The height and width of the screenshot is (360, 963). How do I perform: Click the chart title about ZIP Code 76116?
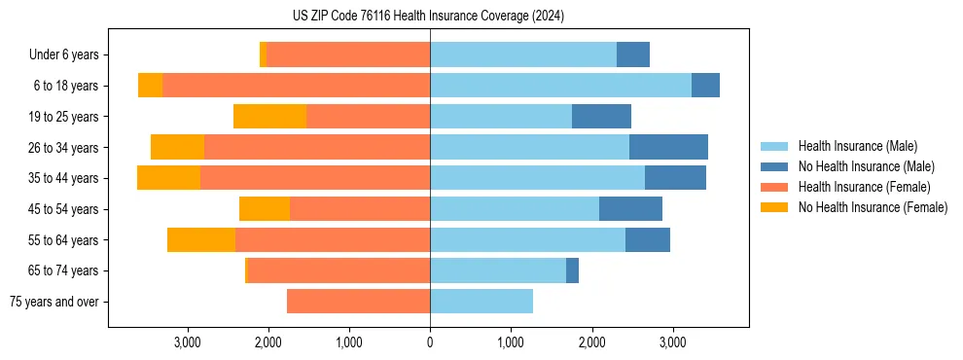click(x=428, y=17)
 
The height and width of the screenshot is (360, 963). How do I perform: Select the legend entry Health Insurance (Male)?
click(x=856, y=146)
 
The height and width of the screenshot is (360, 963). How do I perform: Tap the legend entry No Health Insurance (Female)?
click(x=873, y=207)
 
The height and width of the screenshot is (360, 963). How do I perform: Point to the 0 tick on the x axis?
click(x=430, y=342)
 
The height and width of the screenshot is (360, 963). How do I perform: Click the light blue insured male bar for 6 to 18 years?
click(x=560, y=86)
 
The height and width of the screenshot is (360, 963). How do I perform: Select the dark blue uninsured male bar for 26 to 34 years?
click(x=668, y=148)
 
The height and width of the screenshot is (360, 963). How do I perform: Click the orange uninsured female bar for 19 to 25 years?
click(x=269, y=117)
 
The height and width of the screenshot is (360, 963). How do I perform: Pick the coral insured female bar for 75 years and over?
click(x=358, y=302)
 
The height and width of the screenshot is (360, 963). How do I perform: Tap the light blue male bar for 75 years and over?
click(x=481, y=302)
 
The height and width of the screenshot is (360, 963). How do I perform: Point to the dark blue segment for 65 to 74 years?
click(x=572, y=270)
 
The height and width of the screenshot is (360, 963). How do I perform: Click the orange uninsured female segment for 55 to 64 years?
click(x=201, y=240)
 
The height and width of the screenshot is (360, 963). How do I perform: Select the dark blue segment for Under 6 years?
click(x=633, y=54)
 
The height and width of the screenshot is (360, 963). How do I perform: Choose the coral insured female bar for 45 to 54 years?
click(x=360, y=209)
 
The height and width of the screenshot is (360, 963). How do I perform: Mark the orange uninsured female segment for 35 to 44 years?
click(x=168, y=178)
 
